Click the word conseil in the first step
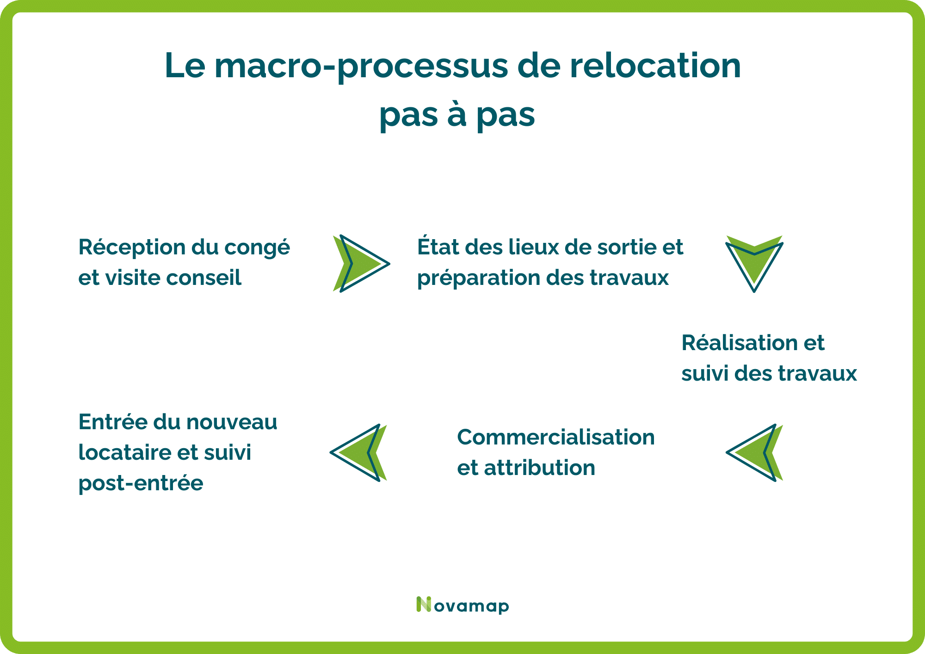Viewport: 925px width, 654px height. (x=203, y=278)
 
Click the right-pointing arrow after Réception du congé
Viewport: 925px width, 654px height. (x=361, y=264)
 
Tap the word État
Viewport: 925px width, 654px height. (x=438, y=247)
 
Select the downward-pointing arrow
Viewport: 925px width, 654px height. (x=754, y=263)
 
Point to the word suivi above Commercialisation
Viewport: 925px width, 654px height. (x=704, y=374)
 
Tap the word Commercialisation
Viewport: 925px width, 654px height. (x=555, y=438)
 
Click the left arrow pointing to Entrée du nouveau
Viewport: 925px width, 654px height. (x=359, y=453)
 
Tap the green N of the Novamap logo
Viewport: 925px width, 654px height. (x=423, y=605)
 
